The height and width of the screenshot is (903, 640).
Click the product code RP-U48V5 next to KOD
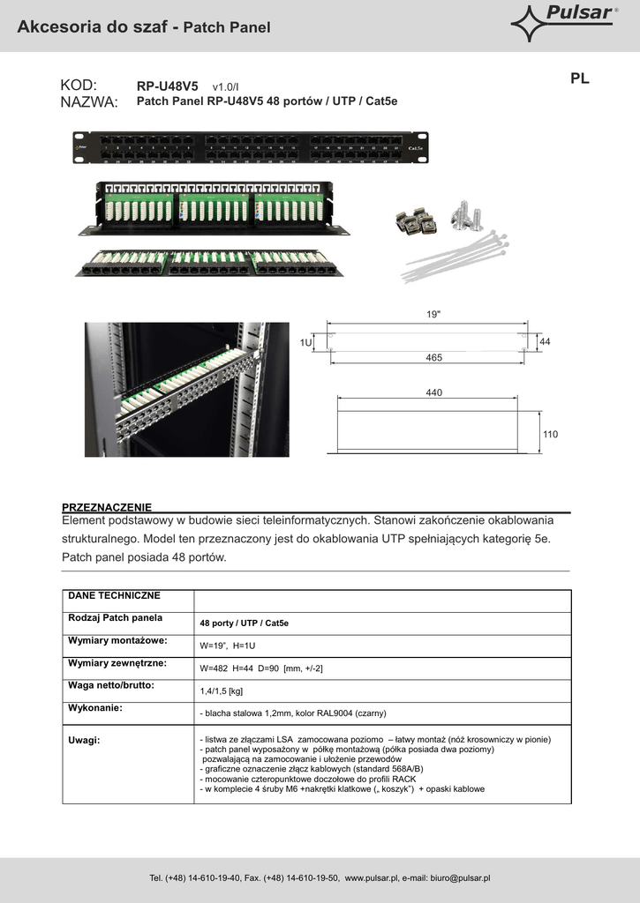pos(168,86)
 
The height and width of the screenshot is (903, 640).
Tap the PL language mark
pos(579,78)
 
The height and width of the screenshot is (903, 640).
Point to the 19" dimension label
pos(433,314)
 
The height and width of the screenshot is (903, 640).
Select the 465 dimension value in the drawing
pos(433,358)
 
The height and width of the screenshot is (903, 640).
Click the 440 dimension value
pos(433,392)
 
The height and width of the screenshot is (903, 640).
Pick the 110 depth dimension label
pos(551,435)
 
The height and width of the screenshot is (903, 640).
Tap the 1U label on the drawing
pos(305,341)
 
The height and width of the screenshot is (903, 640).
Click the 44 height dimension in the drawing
pos(545,341)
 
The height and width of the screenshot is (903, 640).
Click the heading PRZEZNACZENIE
pos(107,508)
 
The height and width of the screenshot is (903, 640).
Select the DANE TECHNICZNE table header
pos(115,596)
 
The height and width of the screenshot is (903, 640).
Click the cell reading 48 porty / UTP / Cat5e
pos(244,623)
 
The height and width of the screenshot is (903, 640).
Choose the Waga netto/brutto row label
pos(111,685)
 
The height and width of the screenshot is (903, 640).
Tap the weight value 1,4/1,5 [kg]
pos(222,691)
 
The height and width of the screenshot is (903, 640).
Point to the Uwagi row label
pos(84,740)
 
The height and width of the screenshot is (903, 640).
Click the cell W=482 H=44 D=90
pos(261,668)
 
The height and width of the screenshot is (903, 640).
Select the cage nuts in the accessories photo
pos(415,222)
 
